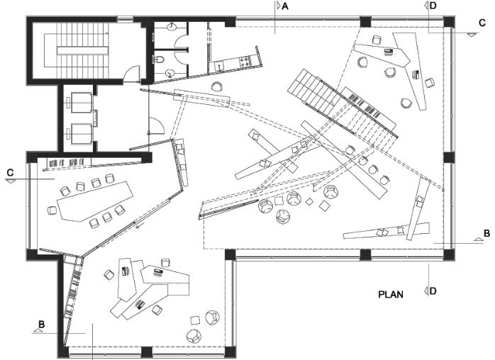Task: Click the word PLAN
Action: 391,293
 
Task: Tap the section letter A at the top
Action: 285,6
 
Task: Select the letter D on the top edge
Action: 433,6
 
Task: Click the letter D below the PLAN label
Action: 433,291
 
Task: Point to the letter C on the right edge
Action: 482,22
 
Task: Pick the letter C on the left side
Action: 10,172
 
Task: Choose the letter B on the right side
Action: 486,232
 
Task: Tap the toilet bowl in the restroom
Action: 160,60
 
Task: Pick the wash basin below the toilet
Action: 171,73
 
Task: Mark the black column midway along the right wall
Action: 447,157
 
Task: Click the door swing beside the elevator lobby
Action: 157,127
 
